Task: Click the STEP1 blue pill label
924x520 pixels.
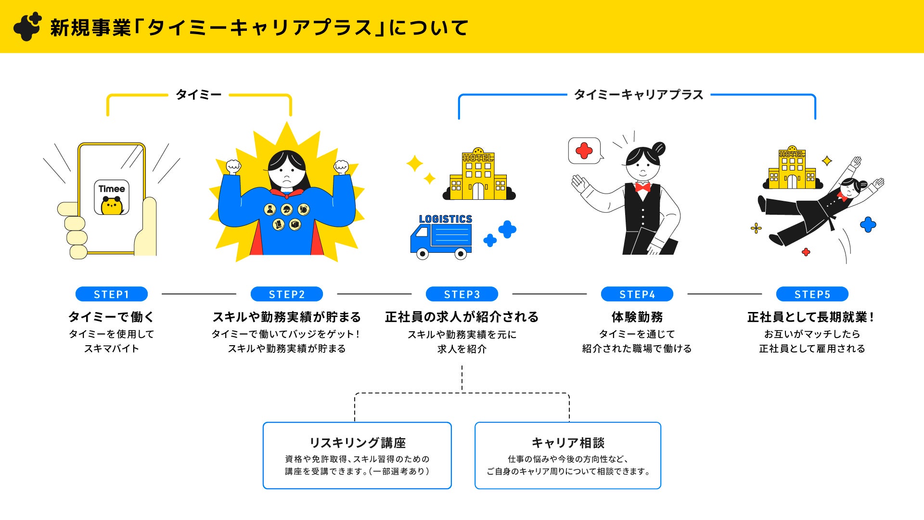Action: click(111, 294)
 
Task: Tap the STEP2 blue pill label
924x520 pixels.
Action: click(287, 294)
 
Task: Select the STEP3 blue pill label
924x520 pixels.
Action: click(462, 294)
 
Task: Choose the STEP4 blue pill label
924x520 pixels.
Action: click(637, 294)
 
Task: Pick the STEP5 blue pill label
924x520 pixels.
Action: click(812, 294)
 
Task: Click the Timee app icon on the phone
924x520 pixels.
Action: click(112, 197)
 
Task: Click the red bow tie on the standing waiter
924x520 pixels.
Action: click(642, 187)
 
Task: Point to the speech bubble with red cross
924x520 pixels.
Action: click(584, 151)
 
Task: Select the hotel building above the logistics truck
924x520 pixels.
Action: click(478, 175)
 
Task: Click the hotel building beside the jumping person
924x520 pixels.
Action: click(792, 169)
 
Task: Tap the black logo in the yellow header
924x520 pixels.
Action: click(27, 26)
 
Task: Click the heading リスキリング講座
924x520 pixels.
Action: click(357, 442)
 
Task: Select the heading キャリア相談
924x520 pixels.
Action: click(568, 442)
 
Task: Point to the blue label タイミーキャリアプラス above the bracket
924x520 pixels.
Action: click(639, 95)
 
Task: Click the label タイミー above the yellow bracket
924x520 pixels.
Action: click(198, 94)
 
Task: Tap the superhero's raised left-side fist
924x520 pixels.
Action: click(234, 167)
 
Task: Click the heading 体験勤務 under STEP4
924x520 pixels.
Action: click(637, 317)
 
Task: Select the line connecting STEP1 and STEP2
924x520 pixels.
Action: click(199, 294)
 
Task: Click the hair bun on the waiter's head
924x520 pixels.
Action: click(658, 148)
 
